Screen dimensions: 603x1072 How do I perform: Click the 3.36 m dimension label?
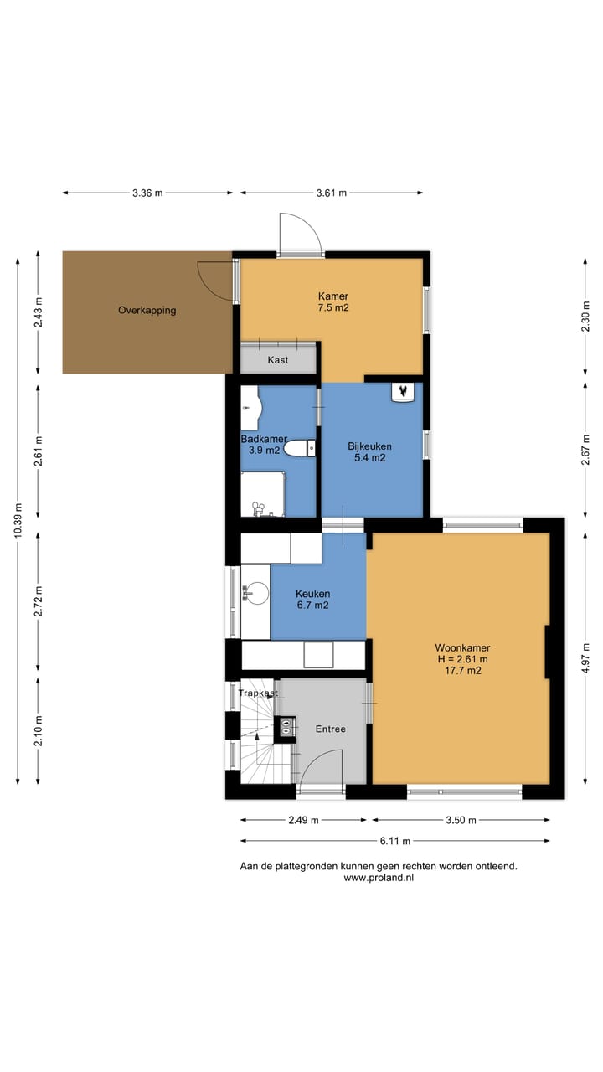tap(147, 193)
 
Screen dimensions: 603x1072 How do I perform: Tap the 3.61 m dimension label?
tap(331, 193)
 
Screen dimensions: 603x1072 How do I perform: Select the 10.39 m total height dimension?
tap(18, 521)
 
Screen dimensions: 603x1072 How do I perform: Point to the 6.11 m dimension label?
tap(395, 841)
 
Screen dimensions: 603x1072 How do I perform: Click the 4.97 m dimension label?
tap(585, 658)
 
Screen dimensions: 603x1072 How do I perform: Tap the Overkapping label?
tap(147, 310)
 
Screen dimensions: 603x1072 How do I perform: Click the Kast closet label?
tap(277, 360)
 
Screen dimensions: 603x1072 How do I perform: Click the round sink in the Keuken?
tap(255, 594)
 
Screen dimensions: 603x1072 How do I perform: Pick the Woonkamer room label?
tap(462, 648)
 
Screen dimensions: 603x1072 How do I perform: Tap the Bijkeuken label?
tap(369, 446)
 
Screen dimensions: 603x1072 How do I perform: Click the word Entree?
tap(330, 729)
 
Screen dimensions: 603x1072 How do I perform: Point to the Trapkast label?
tap(258, 693)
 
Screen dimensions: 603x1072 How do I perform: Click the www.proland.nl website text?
tap(379, 878)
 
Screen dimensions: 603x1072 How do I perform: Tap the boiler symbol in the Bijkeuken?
tap(403, 392)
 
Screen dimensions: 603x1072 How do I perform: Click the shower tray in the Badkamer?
tap(262, 494)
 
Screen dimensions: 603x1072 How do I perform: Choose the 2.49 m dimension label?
tap(303, 820)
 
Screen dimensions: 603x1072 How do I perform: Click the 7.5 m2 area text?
tap(333, 307)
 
